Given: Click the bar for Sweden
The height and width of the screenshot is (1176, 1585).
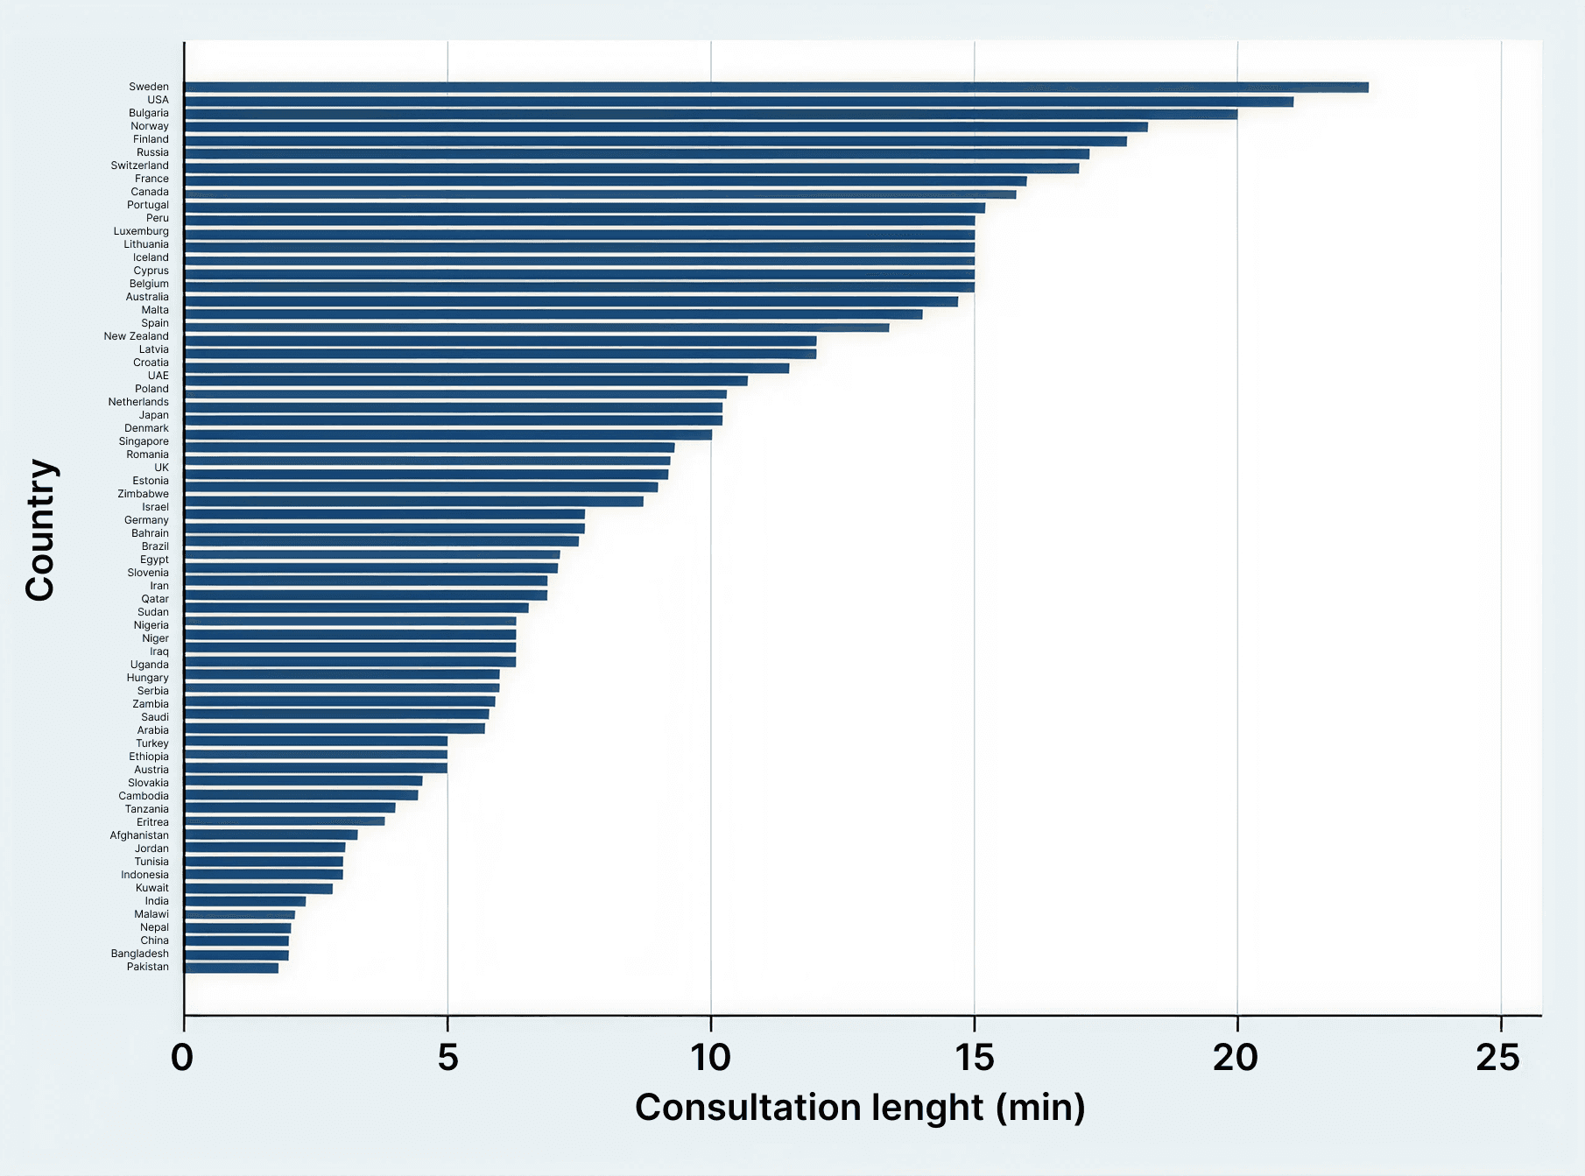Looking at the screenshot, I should pos(776,88).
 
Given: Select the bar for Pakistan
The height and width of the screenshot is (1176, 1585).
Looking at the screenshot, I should pos(231,968).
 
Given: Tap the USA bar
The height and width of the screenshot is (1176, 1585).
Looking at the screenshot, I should pos(738,102).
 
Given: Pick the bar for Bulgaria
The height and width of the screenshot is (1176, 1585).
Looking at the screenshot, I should pos(710,114).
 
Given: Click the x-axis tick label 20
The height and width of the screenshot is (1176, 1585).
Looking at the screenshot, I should pos(1236,1059).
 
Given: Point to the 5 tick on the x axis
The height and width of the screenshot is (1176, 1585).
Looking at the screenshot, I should pos(447,1059).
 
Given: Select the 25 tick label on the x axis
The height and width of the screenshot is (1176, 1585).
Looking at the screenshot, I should pos(1498,1059).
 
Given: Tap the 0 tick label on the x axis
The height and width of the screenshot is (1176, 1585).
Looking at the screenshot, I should pos(182,1059).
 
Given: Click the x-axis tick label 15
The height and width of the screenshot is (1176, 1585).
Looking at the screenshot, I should pos(975,1059).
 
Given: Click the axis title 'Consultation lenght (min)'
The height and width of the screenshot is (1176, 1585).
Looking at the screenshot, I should pos(860,1108).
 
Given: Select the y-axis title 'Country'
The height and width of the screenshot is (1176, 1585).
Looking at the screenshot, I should pos(40,530).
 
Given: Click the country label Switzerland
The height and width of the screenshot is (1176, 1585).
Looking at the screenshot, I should pos(140,165).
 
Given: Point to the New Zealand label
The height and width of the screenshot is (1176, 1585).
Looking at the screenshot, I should pos(137,336).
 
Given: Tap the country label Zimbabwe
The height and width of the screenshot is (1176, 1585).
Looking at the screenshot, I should pos(144,494).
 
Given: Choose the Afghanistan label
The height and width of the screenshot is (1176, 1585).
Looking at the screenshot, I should pos(139,835).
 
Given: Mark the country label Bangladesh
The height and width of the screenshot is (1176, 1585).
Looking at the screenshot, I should pos(140,954).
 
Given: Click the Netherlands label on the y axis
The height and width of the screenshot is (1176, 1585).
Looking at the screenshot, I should pos(138,402).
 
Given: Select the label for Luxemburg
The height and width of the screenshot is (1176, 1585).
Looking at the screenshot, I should pos(141,231).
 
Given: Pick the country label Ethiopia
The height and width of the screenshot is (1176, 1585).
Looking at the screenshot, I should pos(149,757).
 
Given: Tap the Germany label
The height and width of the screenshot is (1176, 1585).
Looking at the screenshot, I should pos(146,520).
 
